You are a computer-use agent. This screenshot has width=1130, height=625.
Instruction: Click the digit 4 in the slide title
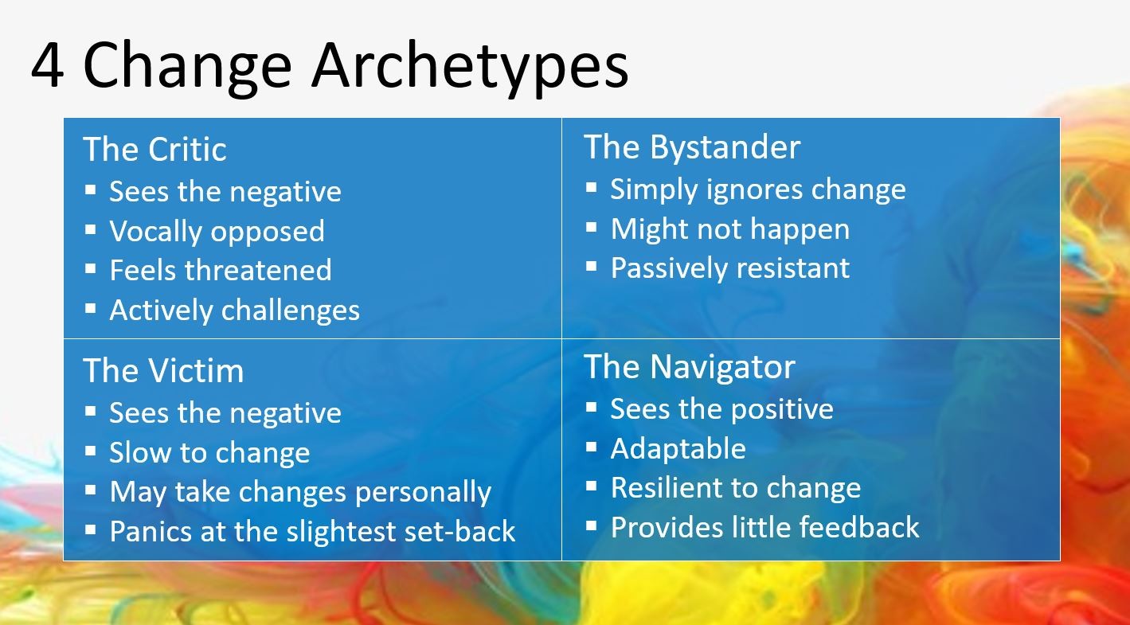48,65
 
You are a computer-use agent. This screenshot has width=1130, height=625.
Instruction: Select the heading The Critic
154,149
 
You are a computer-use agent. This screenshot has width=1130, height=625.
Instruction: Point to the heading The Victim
163,370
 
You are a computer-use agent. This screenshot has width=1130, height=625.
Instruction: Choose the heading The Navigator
690,367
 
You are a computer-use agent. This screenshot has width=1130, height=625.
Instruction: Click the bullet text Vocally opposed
217,232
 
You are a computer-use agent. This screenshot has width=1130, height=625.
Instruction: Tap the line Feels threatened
221,270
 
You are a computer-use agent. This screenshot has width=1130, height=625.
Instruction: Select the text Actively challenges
235,310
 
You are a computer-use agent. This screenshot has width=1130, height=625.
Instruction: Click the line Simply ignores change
758,189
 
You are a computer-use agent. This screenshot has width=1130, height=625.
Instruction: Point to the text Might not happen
730,229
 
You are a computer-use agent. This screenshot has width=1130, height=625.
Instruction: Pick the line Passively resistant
730,268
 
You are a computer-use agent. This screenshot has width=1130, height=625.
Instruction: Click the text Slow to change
209,452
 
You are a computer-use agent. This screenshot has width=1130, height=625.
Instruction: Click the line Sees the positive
721,409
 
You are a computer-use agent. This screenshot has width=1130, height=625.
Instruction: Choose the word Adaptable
678,449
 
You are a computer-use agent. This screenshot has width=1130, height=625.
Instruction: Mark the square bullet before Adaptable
591,447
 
